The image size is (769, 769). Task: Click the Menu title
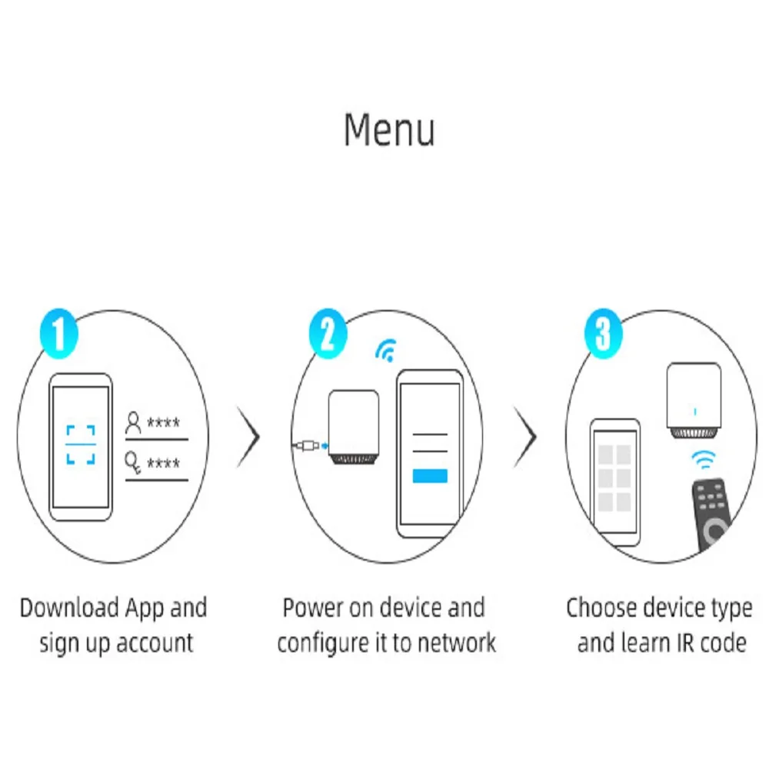click(x=389, y=130)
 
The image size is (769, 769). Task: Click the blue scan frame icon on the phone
click(x=81, y=444)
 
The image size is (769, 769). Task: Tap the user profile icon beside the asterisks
click(x=134, y=423)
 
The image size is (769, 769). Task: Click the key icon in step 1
click(x=134, y=463)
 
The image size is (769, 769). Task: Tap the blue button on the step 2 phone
click(x=430, y=475)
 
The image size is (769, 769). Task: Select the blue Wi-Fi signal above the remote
click(x=702, y=460)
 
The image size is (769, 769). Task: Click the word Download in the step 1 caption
click(x=65, y=608)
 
